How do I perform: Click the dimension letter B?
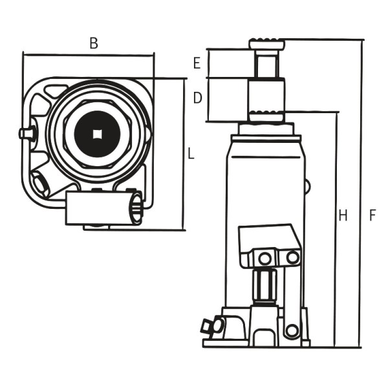[93, 44]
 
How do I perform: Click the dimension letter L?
[191, 154]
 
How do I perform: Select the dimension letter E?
[197, 63]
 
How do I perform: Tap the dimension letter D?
[198, 98]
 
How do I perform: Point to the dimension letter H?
[343, 215]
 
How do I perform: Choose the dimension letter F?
[372, 215]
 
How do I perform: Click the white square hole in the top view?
[98, 134]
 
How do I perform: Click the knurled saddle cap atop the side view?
[266, 44]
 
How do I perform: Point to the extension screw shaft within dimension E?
[266, 64]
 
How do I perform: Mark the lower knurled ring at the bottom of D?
[266, 116]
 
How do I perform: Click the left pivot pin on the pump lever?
[264, 258]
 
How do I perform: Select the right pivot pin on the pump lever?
[292, 257]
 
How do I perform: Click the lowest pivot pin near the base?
[292, 330]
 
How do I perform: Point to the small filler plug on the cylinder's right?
[307, 187]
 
